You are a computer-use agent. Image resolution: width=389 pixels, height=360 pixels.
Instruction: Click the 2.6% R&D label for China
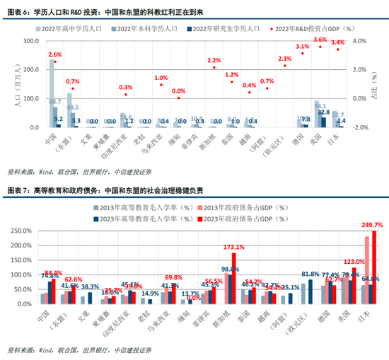point(55,54)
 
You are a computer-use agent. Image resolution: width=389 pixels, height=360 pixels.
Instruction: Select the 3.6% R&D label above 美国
point(320,40)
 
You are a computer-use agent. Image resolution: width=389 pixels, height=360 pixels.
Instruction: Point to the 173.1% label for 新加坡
point(233,248)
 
